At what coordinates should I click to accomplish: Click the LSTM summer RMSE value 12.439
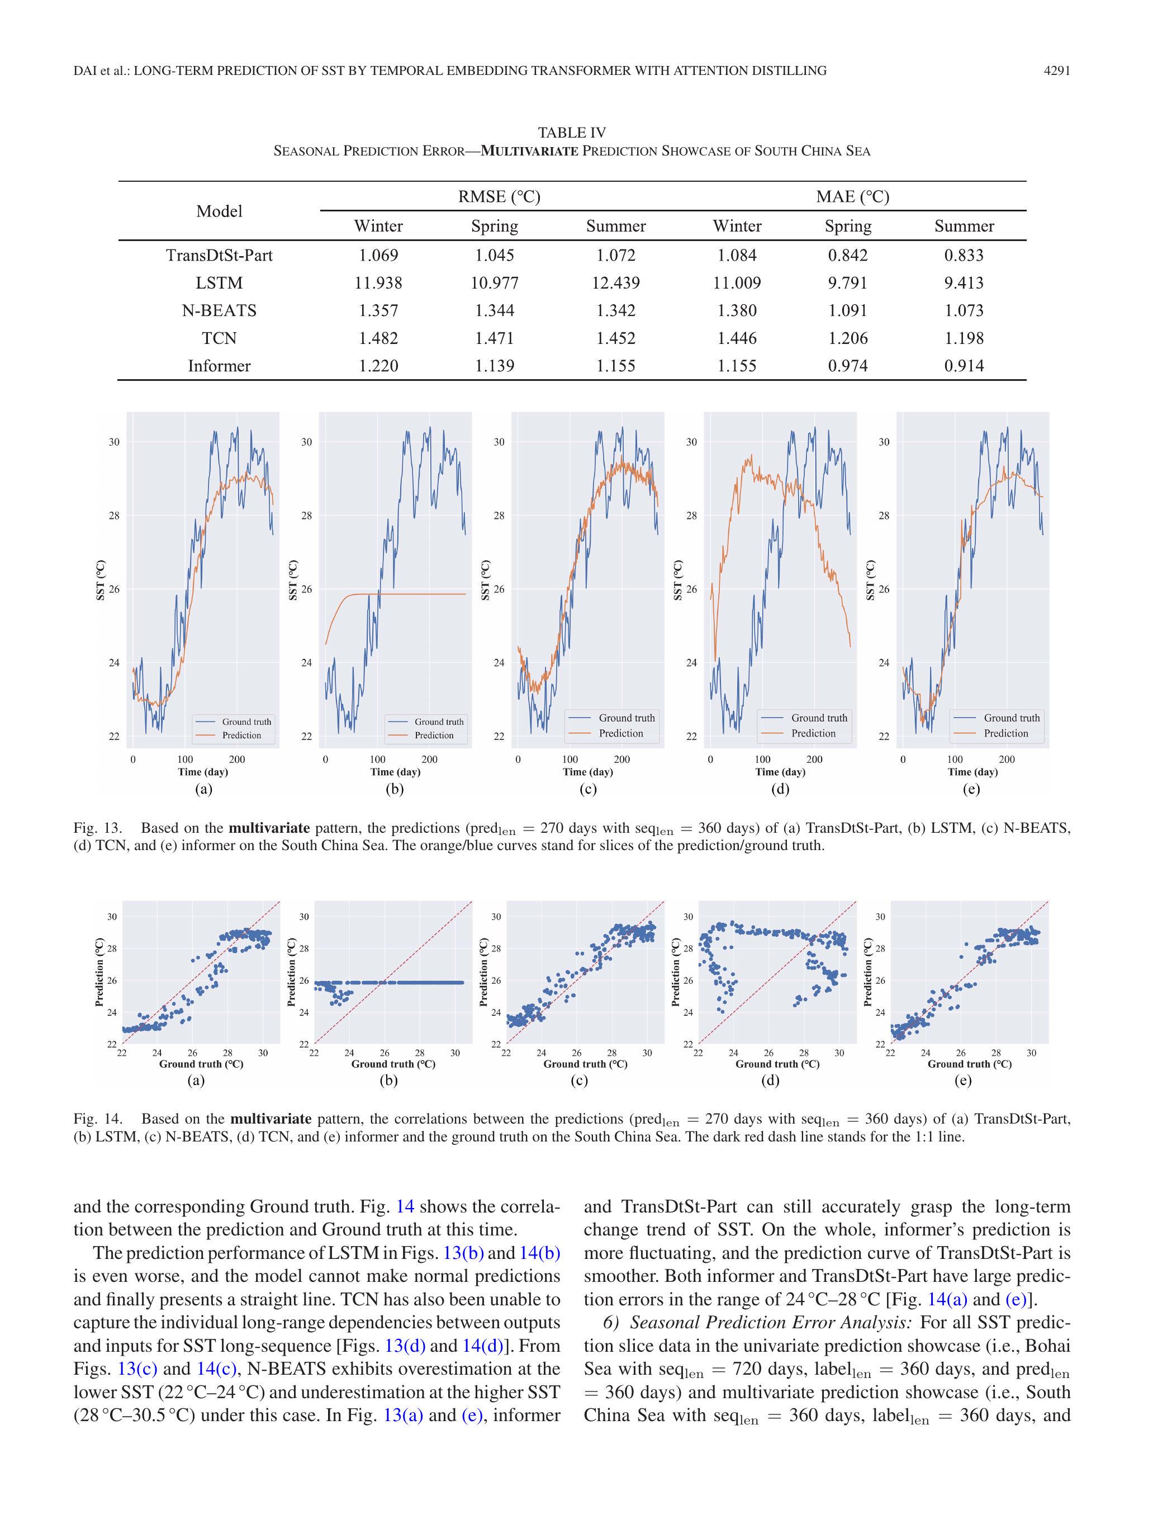(x=616, y=283)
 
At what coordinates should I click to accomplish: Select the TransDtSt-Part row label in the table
(x=219, y=255)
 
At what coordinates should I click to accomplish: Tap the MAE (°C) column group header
(x=852, y=197)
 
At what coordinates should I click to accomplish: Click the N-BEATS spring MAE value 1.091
(x=847, y=311)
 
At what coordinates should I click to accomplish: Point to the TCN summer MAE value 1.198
(x=964, y=338)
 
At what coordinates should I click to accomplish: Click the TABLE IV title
(x=571, y=132)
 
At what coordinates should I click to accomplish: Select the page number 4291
(x=1056, y=70)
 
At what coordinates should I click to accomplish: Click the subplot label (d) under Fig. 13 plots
(x=780, y=789)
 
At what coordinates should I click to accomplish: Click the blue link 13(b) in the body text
(x=463, y=1252)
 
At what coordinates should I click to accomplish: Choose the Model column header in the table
(x=219, y=211)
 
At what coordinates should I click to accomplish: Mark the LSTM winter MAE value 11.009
(x=737, y=283)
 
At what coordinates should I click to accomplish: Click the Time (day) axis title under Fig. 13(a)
(x=203, y=771)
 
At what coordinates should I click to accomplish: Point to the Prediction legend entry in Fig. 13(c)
(x=620, y=733)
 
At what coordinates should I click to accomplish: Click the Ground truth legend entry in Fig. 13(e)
(x=1011, y=718)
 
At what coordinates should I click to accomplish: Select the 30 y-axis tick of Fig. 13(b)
(x=306, y=442)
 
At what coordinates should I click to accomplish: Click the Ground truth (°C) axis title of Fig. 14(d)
(x=777, y=1064)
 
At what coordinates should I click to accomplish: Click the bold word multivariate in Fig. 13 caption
(x=269, y=828)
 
